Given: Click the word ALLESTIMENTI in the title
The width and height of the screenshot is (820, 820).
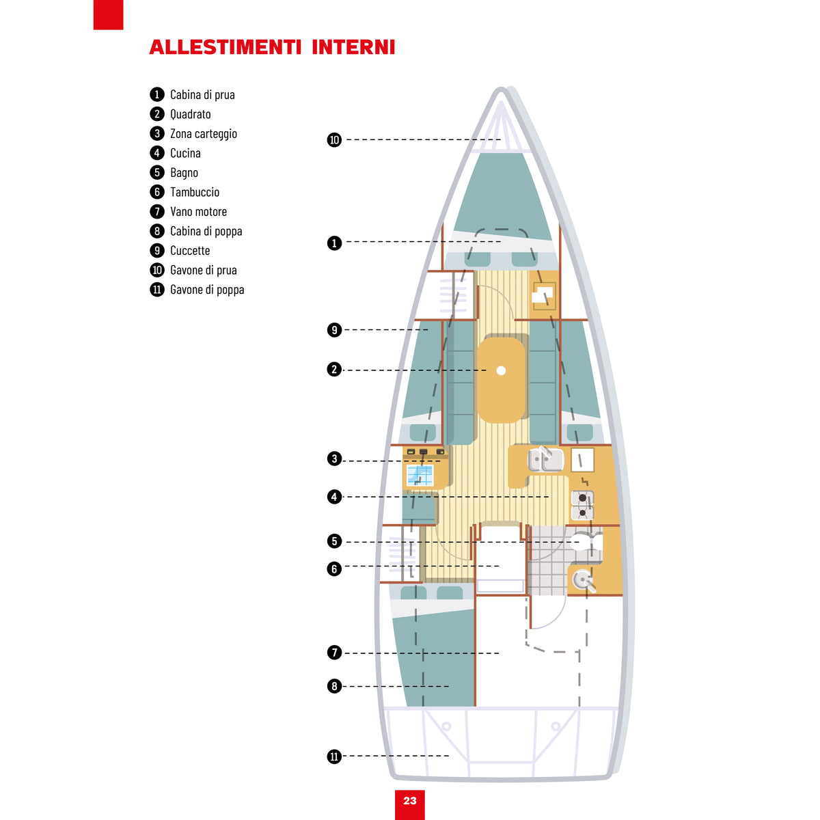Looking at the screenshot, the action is coord(225,47).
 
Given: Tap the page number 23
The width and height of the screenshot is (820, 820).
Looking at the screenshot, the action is coord(410,801).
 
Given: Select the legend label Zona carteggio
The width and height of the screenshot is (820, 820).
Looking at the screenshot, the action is coord(204,134).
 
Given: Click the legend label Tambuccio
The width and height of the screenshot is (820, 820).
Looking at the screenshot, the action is coord(195,192).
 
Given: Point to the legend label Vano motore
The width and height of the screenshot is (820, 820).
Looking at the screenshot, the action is coord(199,211).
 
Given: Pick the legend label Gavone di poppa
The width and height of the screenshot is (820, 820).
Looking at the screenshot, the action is coord(207,289).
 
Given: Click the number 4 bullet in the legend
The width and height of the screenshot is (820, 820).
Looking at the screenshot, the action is coord(157,153).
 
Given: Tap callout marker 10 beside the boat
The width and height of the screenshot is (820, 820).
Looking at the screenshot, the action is coord(334,139).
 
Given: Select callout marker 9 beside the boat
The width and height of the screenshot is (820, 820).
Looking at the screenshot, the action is coord(334,330).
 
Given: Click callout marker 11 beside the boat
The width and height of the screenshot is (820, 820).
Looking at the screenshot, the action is coord(334,756).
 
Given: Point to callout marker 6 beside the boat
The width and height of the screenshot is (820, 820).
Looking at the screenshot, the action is coord(334,569).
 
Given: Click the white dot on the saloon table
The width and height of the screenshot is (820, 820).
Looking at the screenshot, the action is coord(501,370).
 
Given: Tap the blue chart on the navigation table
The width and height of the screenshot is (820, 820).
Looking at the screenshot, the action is coord(420,476).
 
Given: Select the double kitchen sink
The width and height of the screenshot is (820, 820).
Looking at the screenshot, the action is coord(546,460).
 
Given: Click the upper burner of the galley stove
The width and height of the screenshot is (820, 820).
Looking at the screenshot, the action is coord(583,498).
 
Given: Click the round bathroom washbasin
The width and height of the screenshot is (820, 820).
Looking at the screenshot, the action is coord(582,579).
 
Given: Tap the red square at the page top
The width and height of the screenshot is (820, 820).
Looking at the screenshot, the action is coord(108,15).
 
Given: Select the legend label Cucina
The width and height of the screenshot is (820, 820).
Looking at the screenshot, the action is coord(185,153).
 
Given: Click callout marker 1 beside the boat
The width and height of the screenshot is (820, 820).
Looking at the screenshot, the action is coord(334,243).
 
